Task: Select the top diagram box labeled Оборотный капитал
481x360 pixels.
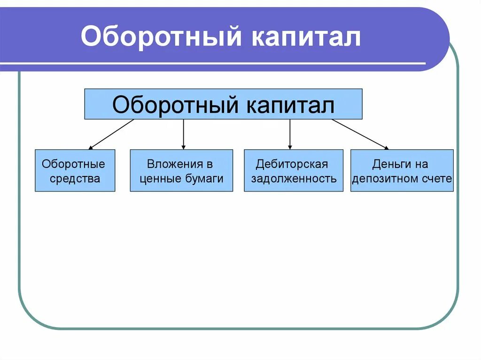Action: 223,104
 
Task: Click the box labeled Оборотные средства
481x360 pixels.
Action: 75,171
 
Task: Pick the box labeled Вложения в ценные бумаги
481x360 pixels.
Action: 181,171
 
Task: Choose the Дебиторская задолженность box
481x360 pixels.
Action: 294,171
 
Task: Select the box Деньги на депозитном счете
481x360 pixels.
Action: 402,171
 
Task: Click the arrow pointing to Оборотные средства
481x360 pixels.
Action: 111,134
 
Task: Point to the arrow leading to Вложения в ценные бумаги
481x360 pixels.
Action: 183,134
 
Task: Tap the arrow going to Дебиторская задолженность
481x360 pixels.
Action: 290,134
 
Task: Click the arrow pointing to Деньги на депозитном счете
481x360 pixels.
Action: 360,134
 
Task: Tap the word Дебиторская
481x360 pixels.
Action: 292,164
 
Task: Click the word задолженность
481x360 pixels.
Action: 294,179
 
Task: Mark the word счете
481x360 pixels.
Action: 439,179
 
